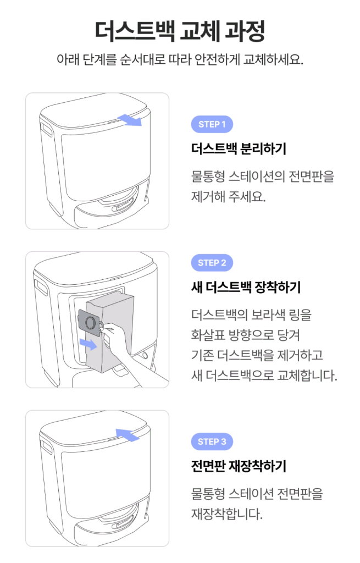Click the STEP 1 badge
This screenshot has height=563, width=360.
pyautogui.click(x=212, y=124)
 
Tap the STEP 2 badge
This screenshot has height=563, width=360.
pyautogui.click(x=212, y=263)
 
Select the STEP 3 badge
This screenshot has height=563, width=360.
pyautogui.click(x=212, y=441)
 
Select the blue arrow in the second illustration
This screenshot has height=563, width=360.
pyautogui.click(x=86, y=344)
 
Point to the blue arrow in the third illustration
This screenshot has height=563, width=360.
pyautogui.click(x=128, y=435)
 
